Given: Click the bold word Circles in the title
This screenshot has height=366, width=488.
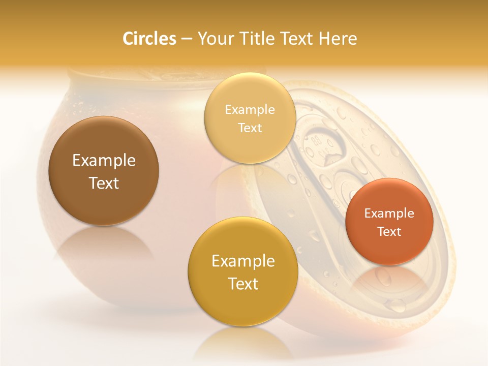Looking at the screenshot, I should point(149,39).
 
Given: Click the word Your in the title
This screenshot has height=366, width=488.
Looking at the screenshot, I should point(214,39).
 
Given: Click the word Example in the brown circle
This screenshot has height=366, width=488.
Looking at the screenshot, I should point(104,161).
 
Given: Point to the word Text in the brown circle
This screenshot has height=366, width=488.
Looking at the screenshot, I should point(104,183).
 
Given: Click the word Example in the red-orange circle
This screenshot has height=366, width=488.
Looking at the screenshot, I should point(389,213).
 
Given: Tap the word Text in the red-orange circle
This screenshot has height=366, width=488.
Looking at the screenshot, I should point(389,231).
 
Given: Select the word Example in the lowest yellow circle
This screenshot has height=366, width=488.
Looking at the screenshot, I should point(243,261).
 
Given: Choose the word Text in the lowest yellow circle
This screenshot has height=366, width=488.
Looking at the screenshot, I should point(243,284).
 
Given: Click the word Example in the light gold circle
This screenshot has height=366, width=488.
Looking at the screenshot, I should point(250,110).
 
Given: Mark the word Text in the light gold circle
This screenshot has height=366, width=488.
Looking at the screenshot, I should point(250,128).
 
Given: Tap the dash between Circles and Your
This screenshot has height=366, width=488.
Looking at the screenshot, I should point(186,39).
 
